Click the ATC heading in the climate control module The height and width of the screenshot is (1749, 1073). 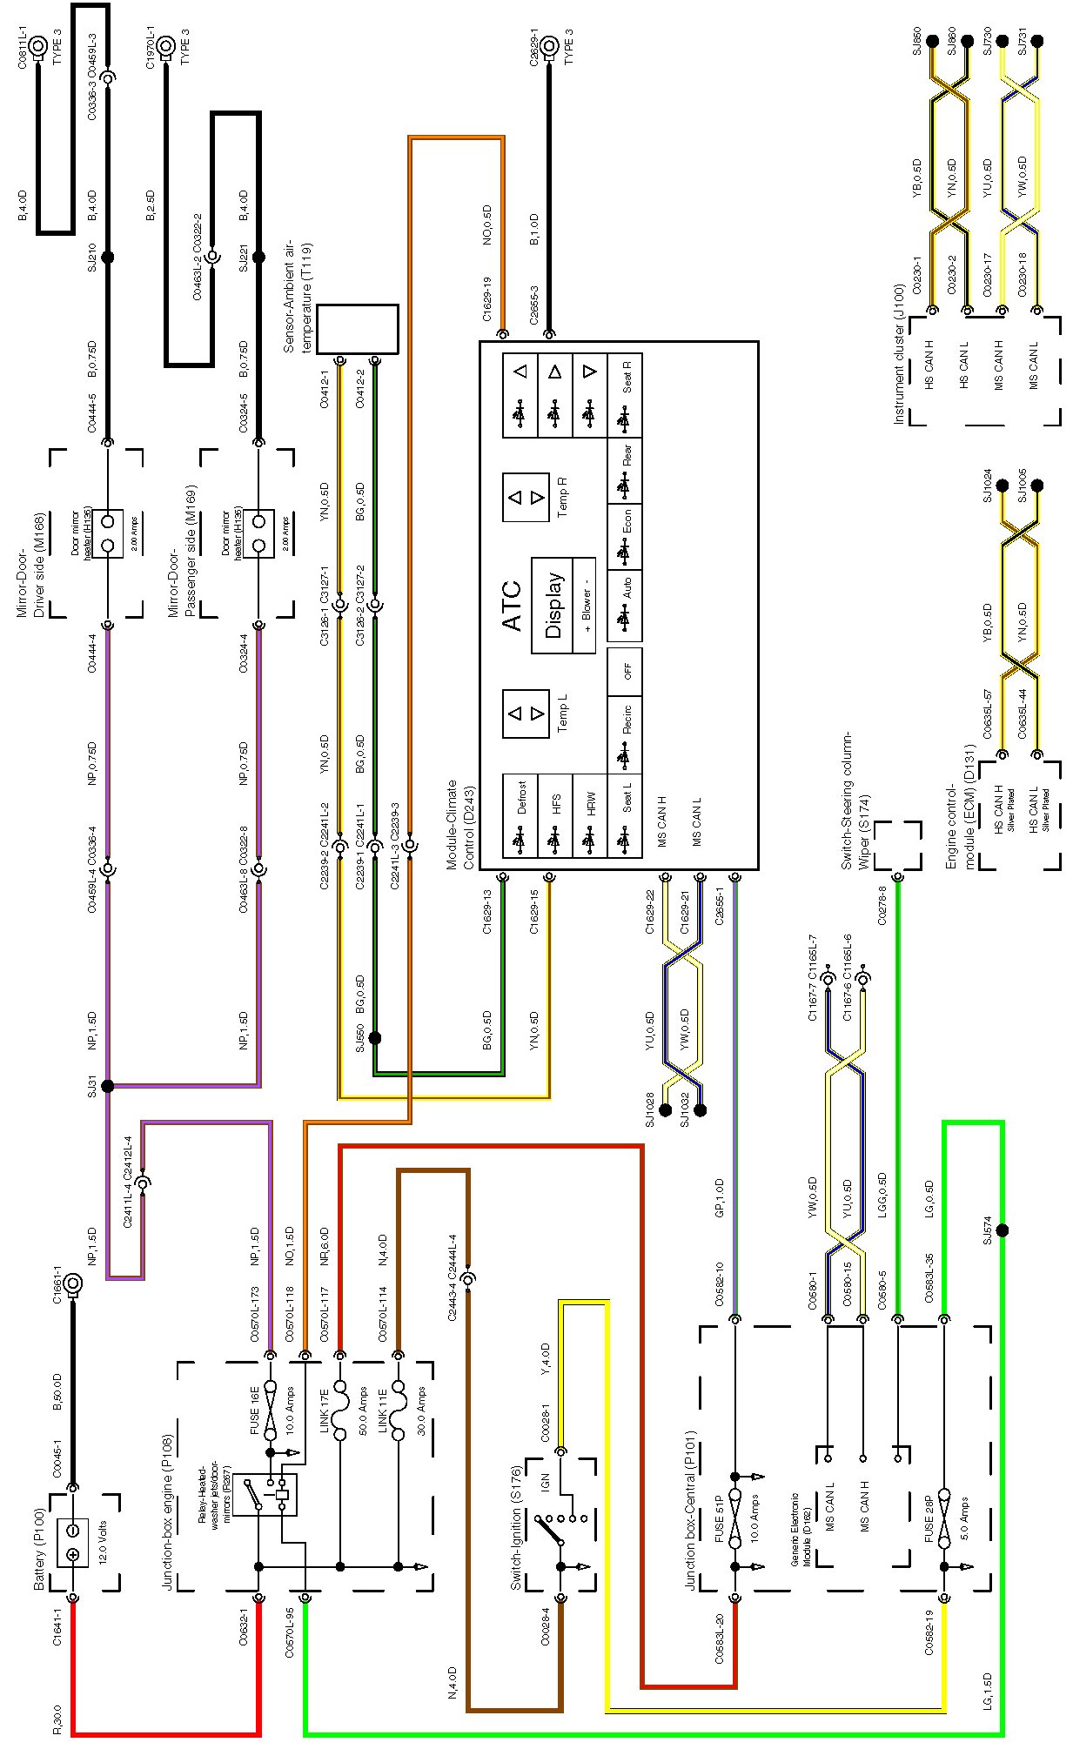click(x=513, y=606)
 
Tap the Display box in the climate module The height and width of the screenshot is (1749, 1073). click(x=554, y=606)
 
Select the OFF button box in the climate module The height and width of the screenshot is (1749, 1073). click(x=627, y=671)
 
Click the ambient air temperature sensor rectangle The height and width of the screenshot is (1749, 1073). click(x=357, y=329)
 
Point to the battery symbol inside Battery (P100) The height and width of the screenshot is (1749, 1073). click(x=73, y=1543)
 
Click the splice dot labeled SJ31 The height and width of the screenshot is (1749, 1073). click(x=108, y=1086)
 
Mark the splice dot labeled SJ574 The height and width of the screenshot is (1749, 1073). click(x=1003, y=1230)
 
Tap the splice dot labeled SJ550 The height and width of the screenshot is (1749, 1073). click(x=375, y=1038)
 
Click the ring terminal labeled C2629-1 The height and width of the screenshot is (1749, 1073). click(x=549, y=46)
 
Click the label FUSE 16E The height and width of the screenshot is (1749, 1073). click(x=255, y=1410)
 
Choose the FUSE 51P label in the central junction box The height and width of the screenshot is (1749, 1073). click(x=719, y=1518)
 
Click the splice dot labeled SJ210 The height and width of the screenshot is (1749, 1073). click(x=108, y=258)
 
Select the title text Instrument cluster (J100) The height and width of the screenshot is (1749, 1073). click(x=899, y=354)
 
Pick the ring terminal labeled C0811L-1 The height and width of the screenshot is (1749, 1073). click(x=38, y=50)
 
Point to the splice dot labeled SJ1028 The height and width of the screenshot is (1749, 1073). click(x=666, y=1109)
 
